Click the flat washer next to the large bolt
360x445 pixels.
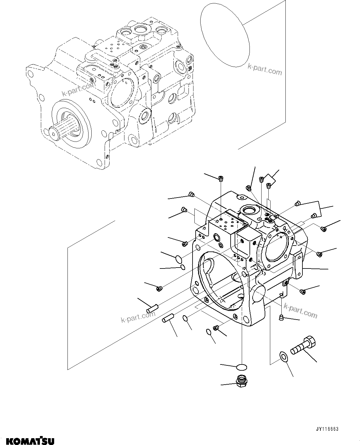click(x=282, y=357)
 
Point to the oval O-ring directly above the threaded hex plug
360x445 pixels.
click(x=241, y=367)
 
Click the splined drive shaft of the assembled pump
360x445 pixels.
click(x=62, y=129)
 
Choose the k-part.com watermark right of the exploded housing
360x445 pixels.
click(x=300, y=311)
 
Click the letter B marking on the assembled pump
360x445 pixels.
click(x=190, y=68)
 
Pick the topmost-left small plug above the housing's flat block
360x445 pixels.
click(x=221, y=178)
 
